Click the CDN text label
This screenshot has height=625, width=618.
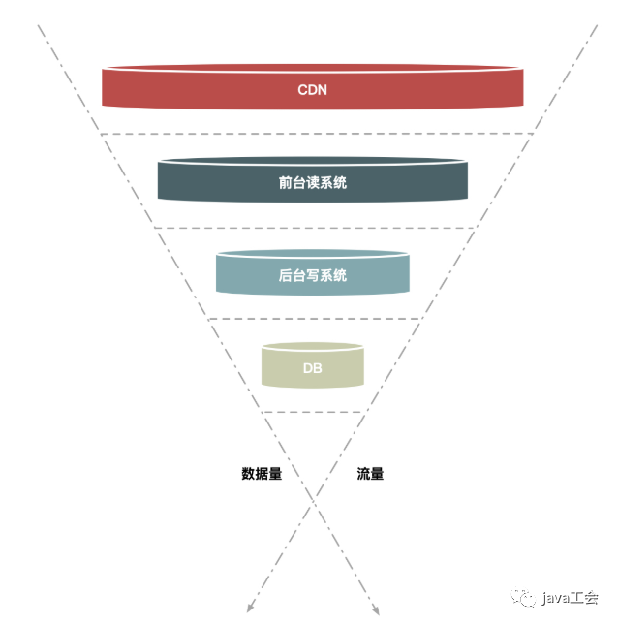point(312,90)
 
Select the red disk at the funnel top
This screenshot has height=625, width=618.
point(194,87)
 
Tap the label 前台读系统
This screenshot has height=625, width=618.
point(312,181)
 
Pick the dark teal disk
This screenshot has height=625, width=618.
point(213,179)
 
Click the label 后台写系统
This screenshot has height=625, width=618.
point(312,275)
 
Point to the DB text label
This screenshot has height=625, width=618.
point(312,368)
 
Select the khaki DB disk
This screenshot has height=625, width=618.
point(284,368)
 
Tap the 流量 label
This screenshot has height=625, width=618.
point(370,474)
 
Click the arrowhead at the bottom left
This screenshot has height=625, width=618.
point(250,609)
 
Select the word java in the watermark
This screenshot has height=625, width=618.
point(558,597)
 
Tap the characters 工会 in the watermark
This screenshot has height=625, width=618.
point(586,597)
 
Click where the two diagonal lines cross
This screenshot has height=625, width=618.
point(313,500)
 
